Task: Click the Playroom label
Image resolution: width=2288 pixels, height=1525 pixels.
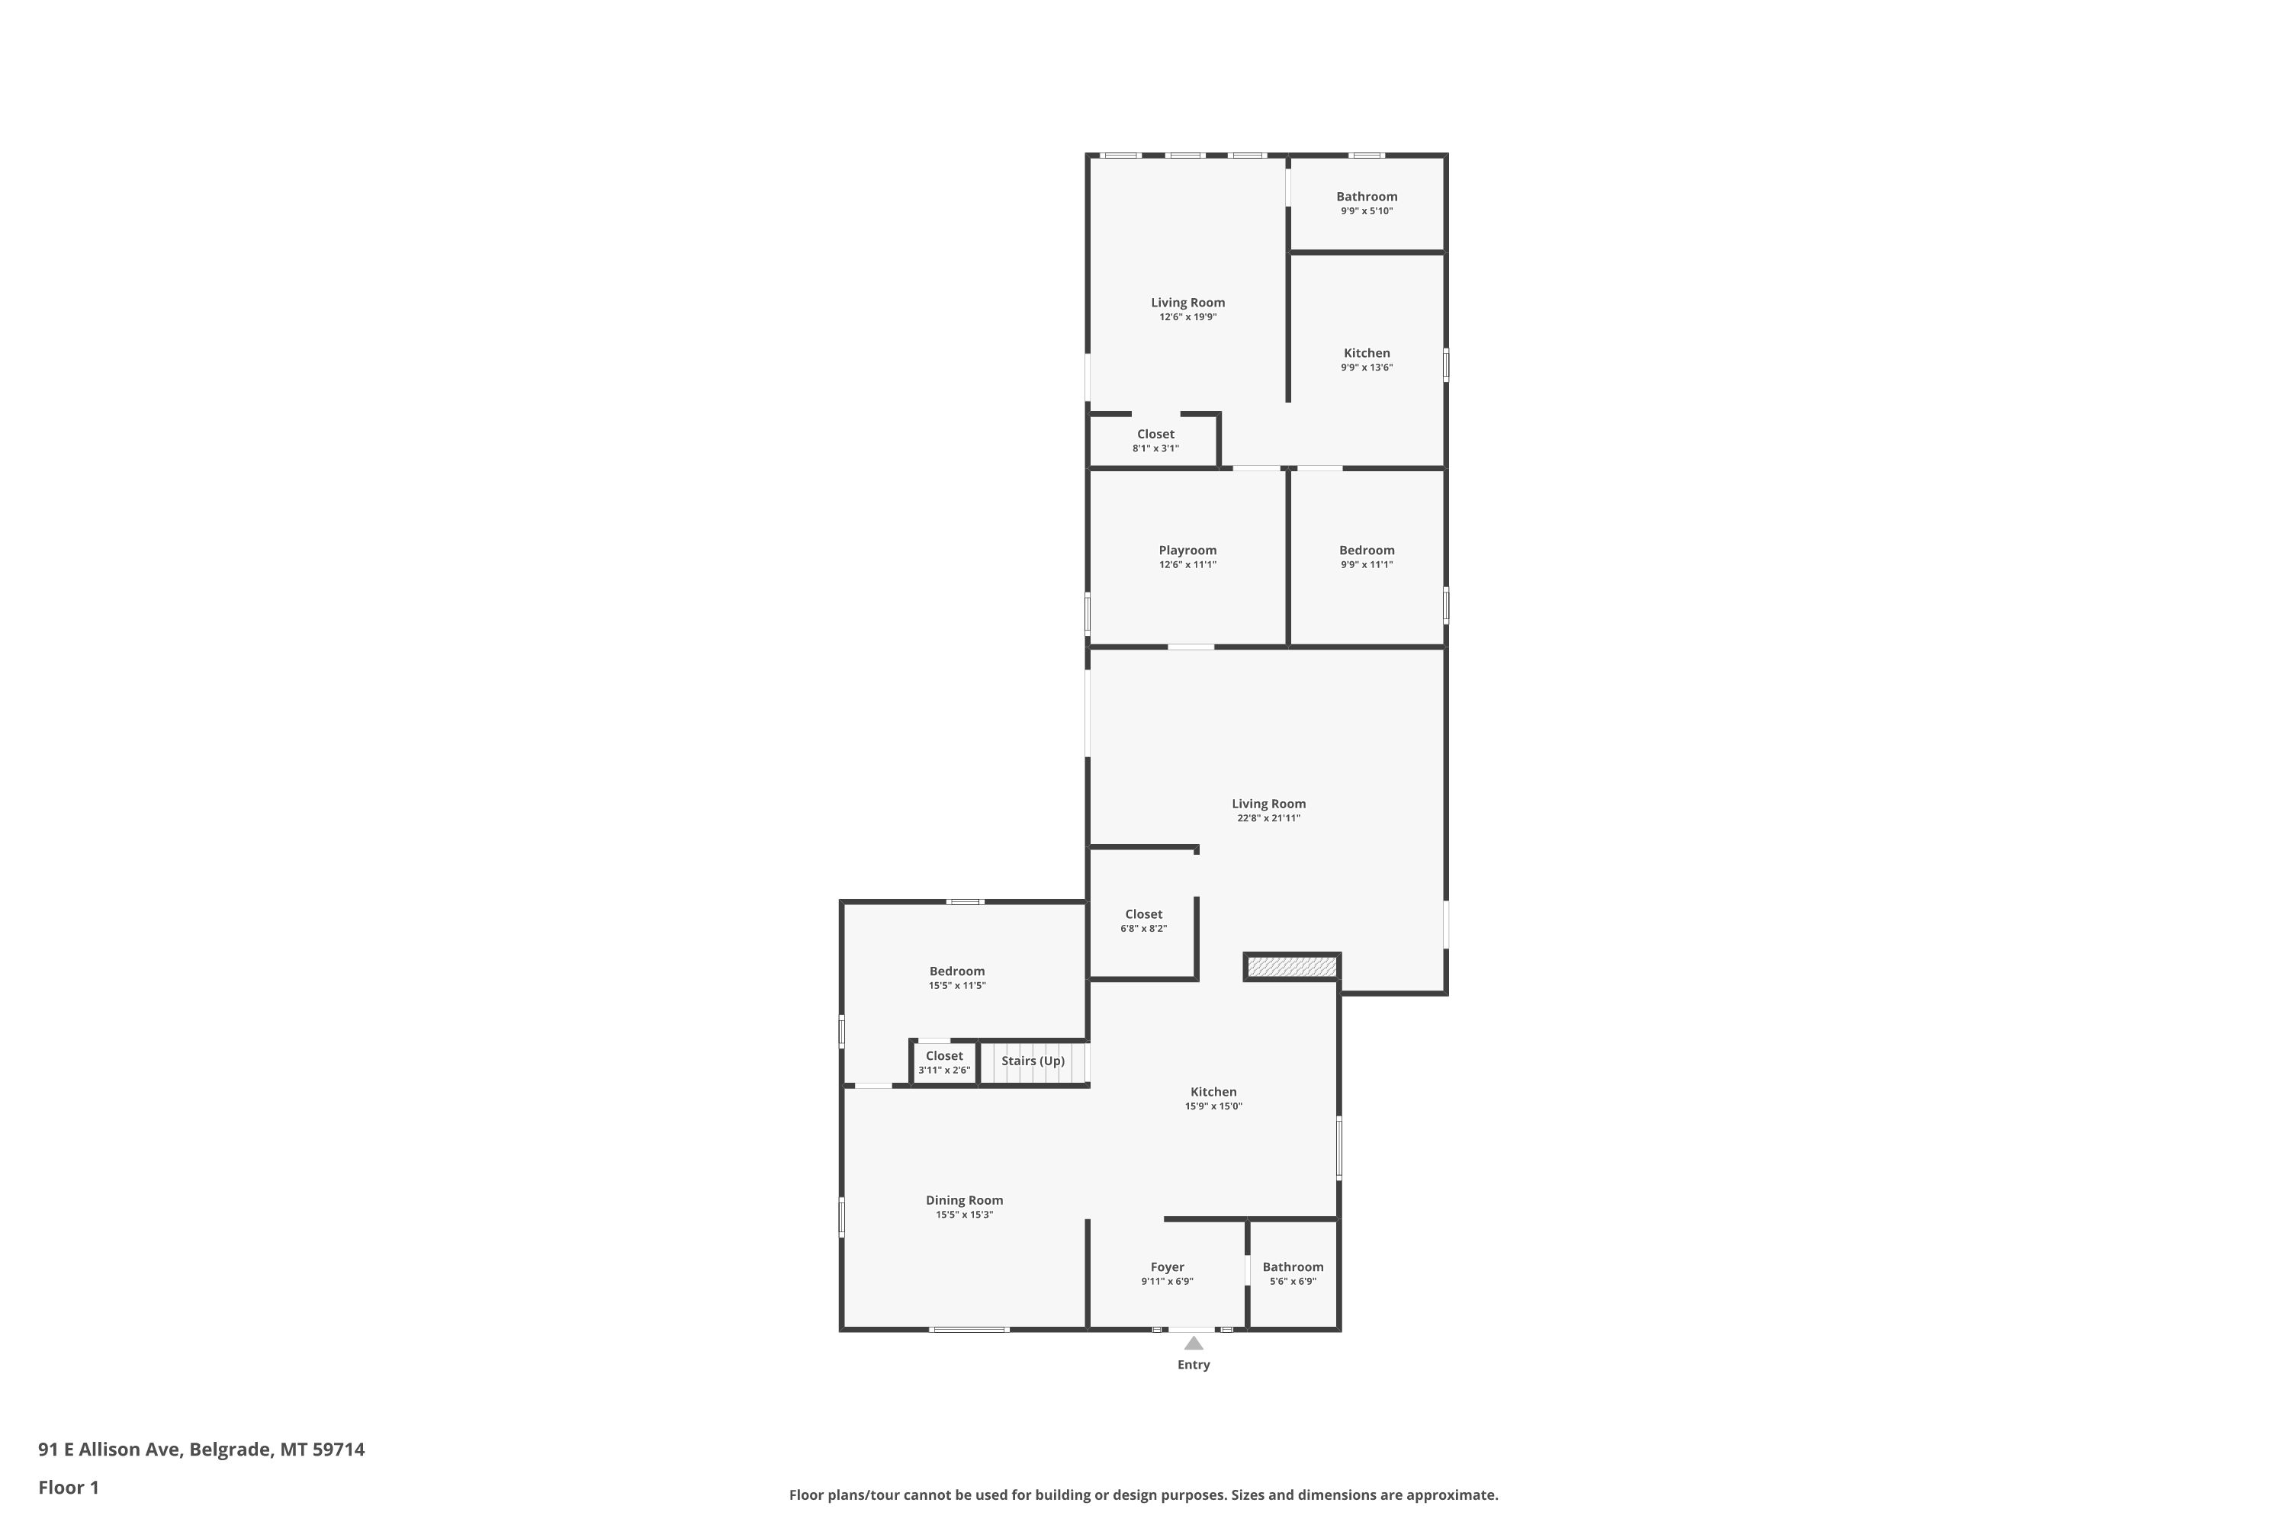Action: [1187, 551]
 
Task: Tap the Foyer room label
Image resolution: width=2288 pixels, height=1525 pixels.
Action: [1168, 1267]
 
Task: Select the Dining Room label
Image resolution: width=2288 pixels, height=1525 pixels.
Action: [964, 1200]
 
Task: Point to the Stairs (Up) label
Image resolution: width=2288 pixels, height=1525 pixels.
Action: [1033, 1061]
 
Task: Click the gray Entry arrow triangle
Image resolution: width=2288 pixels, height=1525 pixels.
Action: [1194, 1343]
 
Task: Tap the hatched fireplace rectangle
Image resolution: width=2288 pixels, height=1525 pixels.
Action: [1292, 967]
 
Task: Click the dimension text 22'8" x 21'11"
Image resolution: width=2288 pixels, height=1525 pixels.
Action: [1268, 818]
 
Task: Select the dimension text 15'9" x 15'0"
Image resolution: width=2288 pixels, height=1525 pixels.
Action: [1213, 1106]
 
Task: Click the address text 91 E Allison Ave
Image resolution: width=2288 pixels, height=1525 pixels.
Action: [109, 1450]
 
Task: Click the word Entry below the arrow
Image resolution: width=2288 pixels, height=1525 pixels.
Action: [1194, 1365]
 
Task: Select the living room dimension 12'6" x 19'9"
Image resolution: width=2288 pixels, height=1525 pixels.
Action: [1187, 317]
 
